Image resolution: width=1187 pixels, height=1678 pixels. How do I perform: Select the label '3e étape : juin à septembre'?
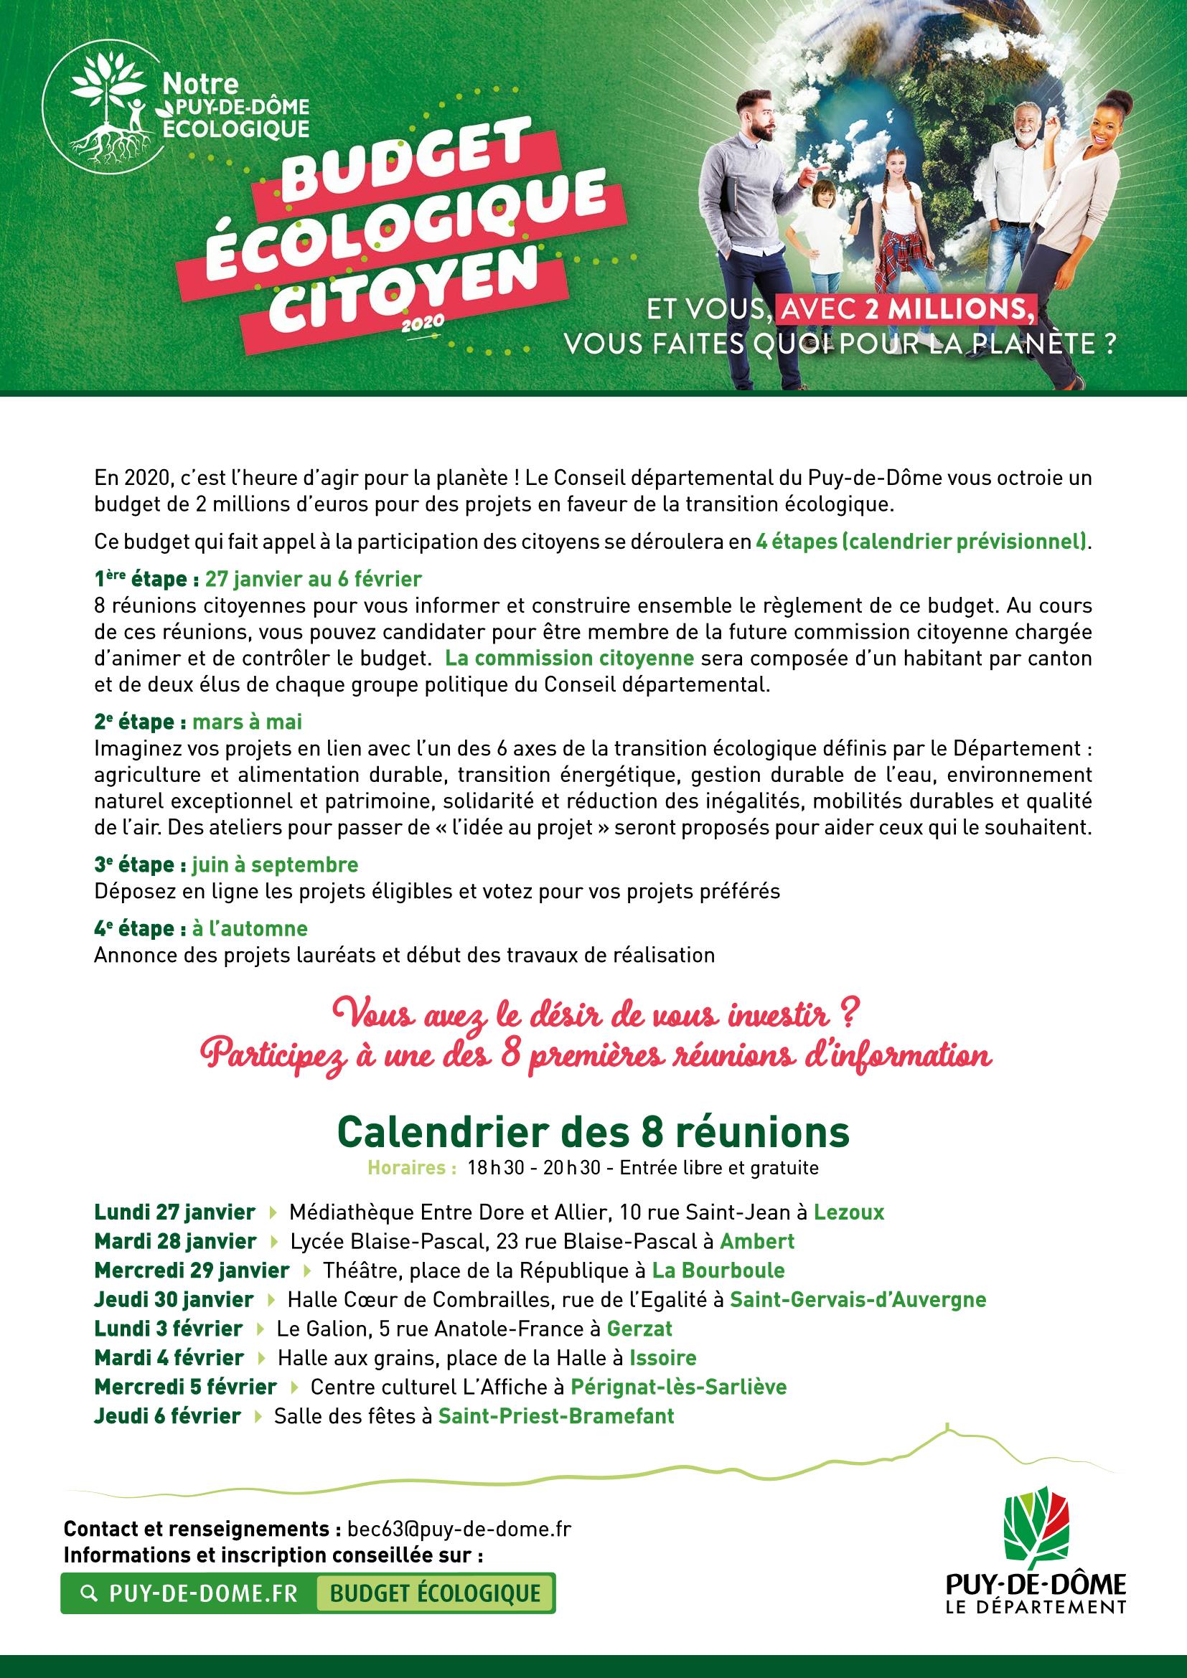point(227,864)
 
